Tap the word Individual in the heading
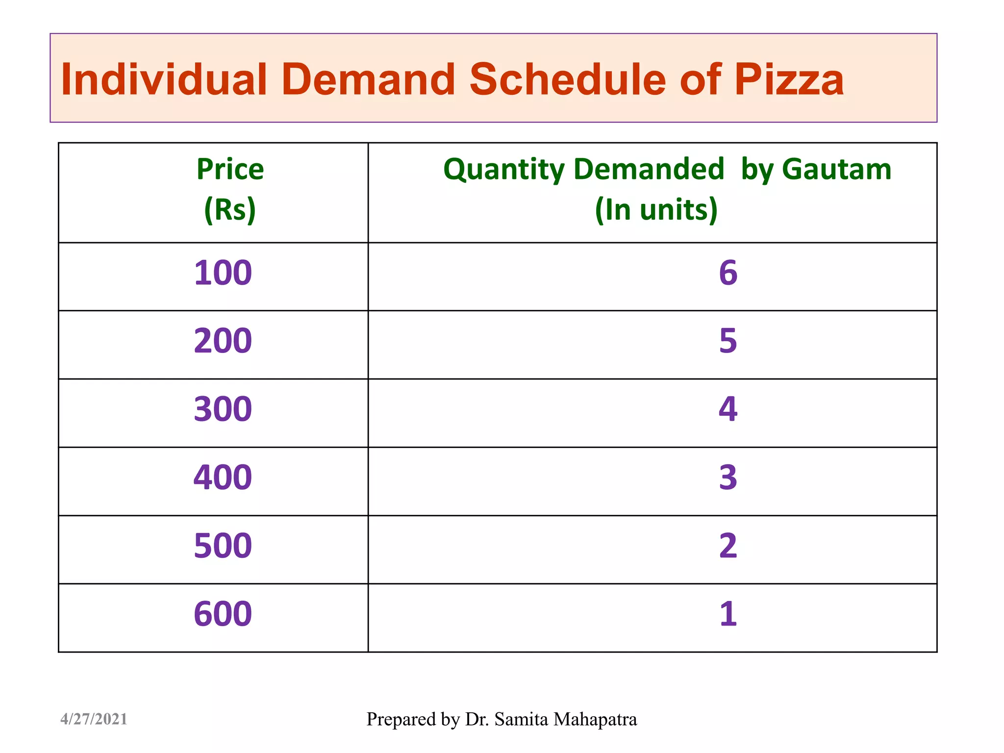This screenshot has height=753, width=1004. [x=164, y=79]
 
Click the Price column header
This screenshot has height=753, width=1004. [x=230, y=170]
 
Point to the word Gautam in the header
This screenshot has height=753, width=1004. [x=836, y=170]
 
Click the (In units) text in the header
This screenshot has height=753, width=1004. [x=656, y=209]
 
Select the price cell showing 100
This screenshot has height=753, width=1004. [x=223, y=273]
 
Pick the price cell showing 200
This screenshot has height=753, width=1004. [x=223, y=341]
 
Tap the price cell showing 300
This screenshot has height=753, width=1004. [x=223, y=409]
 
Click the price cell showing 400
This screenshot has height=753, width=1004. [x=223, y=477]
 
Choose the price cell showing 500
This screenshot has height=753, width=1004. [x=223, y=546]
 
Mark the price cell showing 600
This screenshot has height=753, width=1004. [x=223, y=614]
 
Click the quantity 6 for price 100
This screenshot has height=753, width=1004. [x=728, y=273]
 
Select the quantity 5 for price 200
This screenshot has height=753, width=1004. [x=728, y=341]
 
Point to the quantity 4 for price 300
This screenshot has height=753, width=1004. [x=728, y=409]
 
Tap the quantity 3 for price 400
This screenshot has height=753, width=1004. [x=728, y=477]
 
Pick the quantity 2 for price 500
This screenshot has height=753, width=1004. [x=728, y=546]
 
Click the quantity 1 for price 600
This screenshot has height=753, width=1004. [x=728, y=614]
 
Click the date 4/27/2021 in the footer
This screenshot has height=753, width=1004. [x=94, y=719]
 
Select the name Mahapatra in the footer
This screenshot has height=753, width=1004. [x=595, y=719]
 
